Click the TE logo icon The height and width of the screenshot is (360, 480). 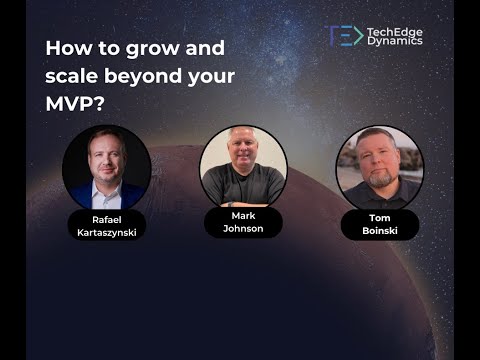pyautogui.click(x=344, y=36)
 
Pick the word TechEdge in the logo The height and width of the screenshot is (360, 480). pyautogui.click(x=398, y=31)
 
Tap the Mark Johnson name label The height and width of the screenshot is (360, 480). pyautogui.click(x=243, y=222)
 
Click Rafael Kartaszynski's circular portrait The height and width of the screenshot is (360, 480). pyautogui.click(x=106, y=167)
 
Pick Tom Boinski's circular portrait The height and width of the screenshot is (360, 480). pyautogui.click(x=380, y=166)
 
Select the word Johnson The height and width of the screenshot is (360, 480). pyautogui.click(x=243, y=228)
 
